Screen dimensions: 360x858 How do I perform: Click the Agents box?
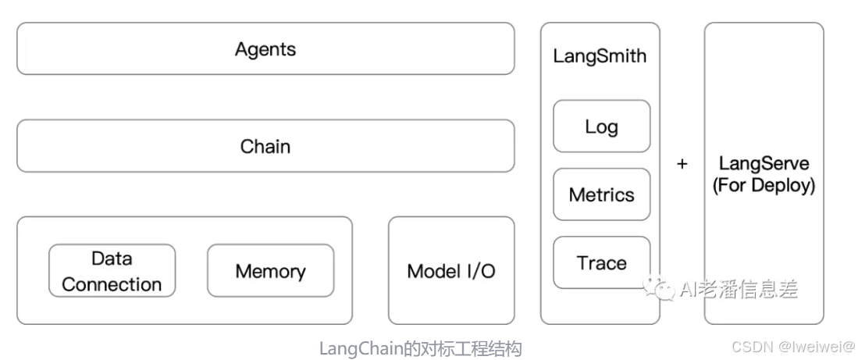265,49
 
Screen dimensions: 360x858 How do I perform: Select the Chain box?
265,146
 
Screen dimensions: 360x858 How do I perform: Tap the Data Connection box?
112,271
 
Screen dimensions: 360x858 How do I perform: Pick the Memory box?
270,271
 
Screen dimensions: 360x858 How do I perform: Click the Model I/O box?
451,271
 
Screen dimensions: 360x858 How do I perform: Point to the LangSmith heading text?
600,56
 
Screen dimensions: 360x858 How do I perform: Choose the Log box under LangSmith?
601,127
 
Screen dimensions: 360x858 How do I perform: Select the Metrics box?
601,194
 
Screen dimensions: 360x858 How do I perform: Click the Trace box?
601,263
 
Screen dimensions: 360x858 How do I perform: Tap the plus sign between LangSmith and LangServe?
682,165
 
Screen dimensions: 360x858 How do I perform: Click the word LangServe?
764,164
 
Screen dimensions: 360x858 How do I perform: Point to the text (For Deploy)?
764,186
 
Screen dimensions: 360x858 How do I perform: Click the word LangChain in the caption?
361,348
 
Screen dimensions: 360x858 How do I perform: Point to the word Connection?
112,284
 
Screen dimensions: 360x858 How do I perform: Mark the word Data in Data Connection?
112,258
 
